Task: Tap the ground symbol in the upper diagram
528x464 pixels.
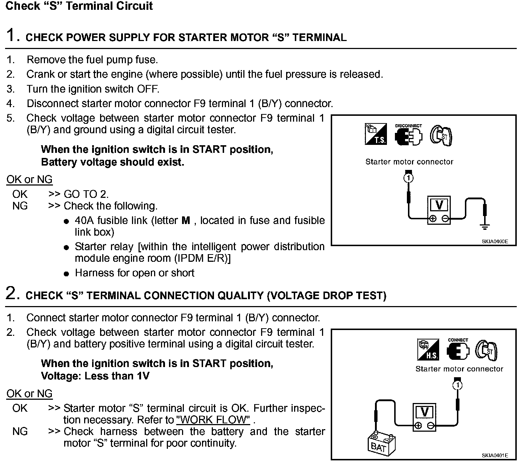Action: point(485,227)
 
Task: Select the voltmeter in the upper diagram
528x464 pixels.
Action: point(439,211)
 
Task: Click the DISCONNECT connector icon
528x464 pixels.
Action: point(409,135)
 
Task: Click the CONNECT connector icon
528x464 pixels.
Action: point(458,350)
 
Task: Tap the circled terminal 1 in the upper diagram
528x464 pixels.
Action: point(409,178)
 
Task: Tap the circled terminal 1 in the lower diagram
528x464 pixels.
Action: point(458,385)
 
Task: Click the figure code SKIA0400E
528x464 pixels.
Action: point(495,241)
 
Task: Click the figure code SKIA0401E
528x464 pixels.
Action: point(495,455)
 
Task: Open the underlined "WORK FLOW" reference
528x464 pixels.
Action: point(214,420)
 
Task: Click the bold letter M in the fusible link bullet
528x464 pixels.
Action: point(186,220)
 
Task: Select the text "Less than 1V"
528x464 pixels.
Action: point(117,376)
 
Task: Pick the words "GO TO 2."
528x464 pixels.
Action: point(86,194)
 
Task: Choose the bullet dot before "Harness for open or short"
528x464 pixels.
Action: point(66,274)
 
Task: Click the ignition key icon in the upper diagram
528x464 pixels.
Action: point(441,136)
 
